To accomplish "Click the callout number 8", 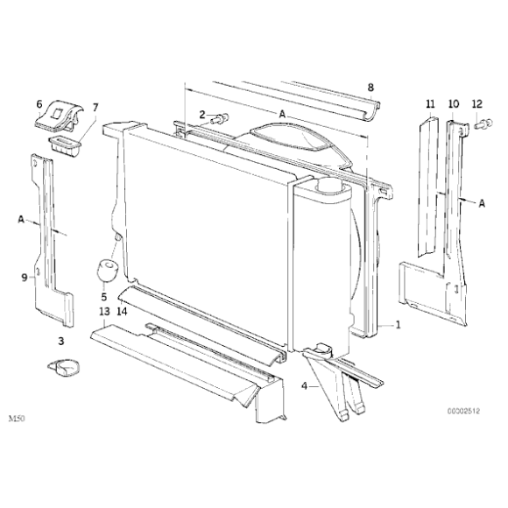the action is click(370, 88).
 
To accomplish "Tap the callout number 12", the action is click(477, 104).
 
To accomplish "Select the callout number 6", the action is click(39, 104).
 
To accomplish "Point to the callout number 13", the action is click(104, 312).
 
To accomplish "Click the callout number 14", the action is click(122, 312).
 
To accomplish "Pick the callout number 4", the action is click(304, 386).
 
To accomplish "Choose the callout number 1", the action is click(399, 324).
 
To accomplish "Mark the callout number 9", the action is click(25, 278).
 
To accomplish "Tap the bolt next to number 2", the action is click(220, 118).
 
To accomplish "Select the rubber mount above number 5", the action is click(107, 270).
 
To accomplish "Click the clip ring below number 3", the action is click(64, 368).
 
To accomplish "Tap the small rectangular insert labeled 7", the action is click(65, 145).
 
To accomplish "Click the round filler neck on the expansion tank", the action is click(330, 187).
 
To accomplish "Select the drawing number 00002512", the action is click(463, 411).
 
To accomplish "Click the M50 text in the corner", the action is click(17, 419).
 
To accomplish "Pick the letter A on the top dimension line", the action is click(283, 114).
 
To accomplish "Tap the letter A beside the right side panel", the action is click(482, 203).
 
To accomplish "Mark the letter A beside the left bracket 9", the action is click(21, 219).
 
